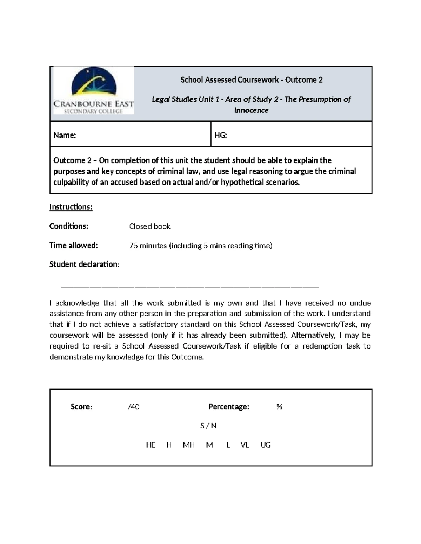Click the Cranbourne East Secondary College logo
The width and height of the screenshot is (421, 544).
pos(93,90)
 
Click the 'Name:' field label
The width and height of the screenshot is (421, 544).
pos(65,135)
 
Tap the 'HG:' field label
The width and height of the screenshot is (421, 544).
pos(221,135)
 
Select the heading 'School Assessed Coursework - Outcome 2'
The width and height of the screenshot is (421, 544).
pos(251,80)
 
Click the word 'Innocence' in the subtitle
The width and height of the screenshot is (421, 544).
pos(251,110)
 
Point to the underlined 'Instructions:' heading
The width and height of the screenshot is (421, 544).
pos(71,207)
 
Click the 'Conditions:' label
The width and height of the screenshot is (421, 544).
pos(69,226)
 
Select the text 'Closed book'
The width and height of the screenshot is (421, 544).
pos(149,227)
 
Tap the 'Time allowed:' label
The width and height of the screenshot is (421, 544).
pos(73,246)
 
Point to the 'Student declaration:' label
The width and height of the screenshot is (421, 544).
pos(84,264)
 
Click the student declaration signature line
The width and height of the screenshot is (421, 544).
pos(189,287)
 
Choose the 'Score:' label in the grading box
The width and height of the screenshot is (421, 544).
pos(81,407)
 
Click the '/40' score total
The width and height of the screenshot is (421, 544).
pos(134,407)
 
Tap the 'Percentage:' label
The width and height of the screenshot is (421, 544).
pos(229,407)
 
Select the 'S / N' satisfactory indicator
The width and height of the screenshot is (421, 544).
pos(208,426)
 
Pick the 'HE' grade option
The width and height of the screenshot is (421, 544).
pos(151,445)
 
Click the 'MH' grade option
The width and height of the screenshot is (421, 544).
pos(189,445)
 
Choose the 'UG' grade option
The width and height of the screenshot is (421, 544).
pos(266,445)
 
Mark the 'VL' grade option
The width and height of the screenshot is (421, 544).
pos(245,445)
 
